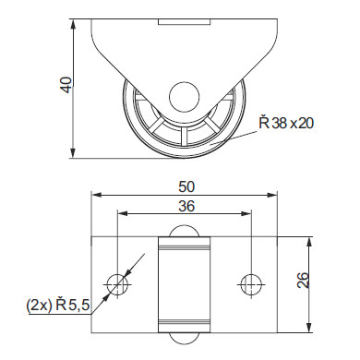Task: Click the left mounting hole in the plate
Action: (x=117, y=284)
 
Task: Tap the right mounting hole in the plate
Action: (x=250, y=284)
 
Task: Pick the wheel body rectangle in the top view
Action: (x=184, y=284)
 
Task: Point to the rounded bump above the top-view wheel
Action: (x=184, y=233)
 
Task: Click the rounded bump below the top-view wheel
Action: (x=184, y=336)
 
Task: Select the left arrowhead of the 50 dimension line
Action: (x=96, y=195)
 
